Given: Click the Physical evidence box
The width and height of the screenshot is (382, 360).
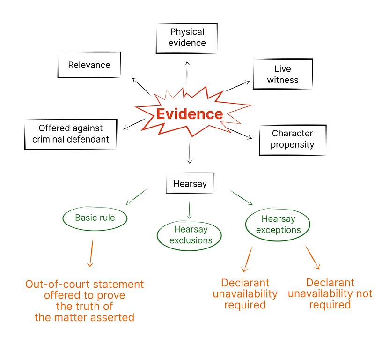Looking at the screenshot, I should [x=187, y=37].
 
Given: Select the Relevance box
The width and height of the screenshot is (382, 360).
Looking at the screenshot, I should [x=89, y=65].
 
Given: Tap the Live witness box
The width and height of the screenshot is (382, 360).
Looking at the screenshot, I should [x=283, y=75].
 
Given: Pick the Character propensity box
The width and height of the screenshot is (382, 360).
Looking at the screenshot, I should [x=293, y=139].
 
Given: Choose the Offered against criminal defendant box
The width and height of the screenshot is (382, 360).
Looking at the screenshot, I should [x=71, y=134].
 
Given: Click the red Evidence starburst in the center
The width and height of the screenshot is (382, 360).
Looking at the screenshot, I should [x=189, y=114].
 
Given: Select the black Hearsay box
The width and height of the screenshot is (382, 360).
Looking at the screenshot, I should [x=190, y=184].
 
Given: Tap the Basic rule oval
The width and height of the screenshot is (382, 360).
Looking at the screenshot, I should [x=95, y=217].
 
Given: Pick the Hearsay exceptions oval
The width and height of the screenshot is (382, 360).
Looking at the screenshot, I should [x=279, y=224].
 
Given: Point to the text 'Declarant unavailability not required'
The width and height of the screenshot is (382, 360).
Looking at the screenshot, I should [x=330, y=293].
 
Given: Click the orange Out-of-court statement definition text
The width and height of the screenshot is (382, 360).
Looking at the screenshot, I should [x=85, y=300].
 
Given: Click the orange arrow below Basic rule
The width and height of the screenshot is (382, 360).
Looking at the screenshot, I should [x=90, y=253].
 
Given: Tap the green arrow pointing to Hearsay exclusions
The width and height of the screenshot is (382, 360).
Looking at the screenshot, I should [x=189, y=210].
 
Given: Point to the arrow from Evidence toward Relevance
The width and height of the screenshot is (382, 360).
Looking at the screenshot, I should [x=141, y=87].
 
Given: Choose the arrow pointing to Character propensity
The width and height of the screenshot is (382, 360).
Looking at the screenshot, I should [x=241, y=134].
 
